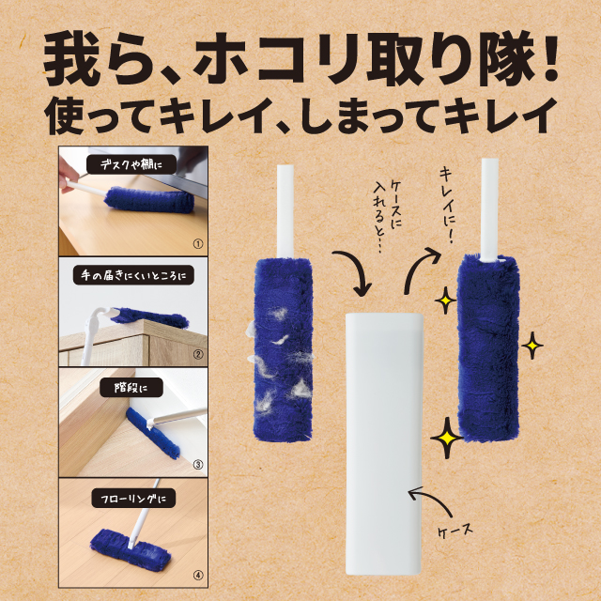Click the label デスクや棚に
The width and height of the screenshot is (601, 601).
pos(131,165)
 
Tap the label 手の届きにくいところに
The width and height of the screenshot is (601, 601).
pos(133,275)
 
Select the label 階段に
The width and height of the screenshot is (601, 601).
pos(131,388)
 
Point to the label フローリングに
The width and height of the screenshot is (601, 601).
pos(133,499)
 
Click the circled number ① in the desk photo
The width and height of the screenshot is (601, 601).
pos(198,244)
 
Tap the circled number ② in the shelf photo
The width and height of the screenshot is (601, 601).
pos(198,355)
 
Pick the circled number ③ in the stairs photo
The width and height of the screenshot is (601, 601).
pos(198,465)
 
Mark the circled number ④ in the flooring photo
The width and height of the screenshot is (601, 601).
pos(198,576)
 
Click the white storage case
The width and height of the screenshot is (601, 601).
pos(384,444)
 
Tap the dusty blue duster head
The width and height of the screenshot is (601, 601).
pos(283,349)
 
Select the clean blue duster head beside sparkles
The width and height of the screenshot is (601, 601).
pos(488,348)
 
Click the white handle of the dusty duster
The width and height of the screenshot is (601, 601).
pos(285,211)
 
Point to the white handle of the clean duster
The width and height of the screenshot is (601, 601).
pos(489,210)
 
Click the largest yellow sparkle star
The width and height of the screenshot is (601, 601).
pos(446,438)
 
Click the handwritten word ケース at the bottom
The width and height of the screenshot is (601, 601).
pos(455,532)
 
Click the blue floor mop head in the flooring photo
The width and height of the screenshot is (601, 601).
pos(131,550)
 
